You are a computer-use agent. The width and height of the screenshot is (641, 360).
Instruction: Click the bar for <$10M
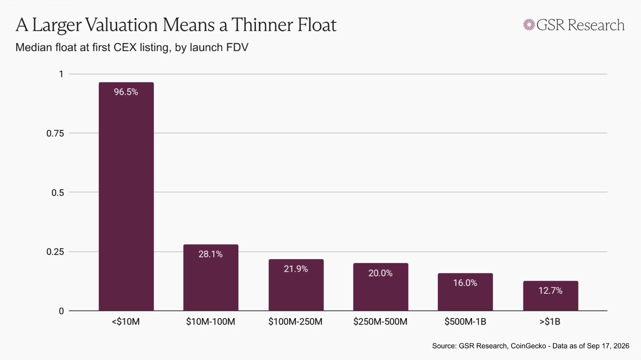click(126, 197)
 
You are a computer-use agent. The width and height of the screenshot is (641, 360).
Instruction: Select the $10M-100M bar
click(211, 278)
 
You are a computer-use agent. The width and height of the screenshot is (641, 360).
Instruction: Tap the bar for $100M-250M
click(296, 285)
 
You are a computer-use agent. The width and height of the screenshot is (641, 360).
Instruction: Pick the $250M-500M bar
click(381, 287)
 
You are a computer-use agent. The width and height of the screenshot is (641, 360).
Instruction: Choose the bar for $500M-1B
click(465, 292)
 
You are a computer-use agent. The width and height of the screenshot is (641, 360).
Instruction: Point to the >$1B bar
click(551, 296)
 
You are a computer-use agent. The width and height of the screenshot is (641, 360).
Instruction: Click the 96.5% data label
click(126, 92)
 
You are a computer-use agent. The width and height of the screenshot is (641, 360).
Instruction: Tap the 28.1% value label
click(210, 254)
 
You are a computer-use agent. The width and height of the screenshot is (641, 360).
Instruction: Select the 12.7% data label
click(551, 290)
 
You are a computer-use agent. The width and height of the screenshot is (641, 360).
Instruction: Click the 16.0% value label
click(465, 283)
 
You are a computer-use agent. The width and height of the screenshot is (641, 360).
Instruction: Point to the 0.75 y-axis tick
click(55, 133)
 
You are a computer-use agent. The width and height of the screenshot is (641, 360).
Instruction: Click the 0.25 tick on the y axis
click(55, 251)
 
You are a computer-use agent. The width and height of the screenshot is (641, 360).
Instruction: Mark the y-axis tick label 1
click(62, 74)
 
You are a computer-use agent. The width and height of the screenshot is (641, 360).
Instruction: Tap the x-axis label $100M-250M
click(295, 322)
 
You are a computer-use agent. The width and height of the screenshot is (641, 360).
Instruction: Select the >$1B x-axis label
click(550, 322)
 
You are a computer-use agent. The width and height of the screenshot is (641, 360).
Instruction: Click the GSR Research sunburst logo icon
click(529, 25)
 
